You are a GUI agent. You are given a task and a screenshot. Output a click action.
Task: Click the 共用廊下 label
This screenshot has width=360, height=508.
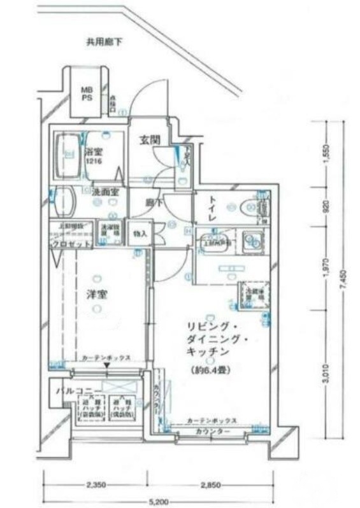click(104, 43)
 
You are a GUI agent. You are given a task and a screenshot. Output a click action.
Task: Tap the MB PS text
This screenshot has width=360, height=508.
click(86, 95)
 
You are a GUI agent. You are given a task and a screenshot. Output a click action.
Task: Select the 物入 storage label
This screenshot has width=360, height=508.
click(140, 234)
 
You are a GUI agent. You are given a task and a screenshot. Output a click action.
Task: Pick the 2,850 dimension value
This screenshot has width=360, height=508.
click(210, 485)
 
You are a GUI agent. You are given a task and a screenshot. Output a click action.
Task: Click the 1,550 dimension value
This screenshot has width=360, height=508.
click(326, 155)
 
